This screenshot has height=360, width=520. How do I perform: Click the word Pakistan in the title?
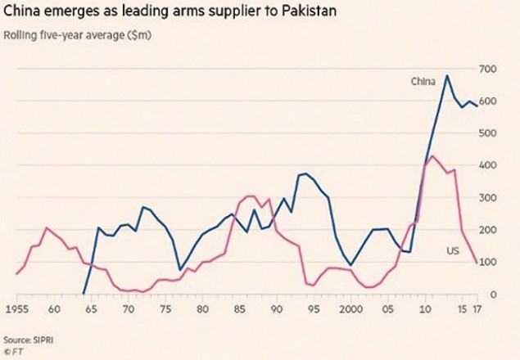[x=310, y=11]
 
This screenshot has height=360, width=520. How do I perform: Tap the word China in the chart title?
[x=21, y=11]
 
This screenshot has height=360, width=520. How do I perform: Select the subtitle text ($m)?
[x=139, y=35]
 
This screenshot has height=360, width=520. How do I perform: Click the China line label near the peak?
[x=423, y=82]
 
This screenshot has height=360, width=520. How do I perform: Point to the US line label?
[x=453, y=250]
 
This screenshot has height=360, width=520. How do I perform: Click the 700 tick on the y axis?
[x=487, y=70]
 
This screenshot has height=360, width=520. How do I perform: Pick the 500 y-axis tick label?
[x=487, y=133]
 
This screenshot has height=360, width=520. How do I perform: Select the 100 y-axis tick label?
[x=487, y=262]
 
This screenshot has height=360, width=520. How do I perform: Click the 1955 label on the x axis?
[x=17, y=309]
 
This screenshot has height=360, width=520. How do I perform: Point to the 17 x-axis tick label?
[x=477, y=309]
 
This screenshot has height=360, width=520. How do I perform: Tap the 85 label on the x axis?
[x=239, y=309]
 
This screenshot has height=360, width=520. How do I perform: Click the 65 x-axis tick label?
[x=91, y=309]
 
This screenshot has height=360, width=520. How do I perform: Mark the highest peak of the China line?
[x=447, y=75]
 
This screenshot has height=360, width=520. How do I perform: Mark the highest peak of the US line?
[x=432, y=155]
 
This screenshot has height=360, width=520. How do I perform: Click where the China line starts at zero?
[x=84, y=294]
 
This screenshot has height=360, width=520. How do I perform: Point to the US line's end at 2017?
[x=477, y=263]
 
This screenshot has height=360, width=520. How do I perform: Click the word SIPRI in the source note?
[x=43, y=340]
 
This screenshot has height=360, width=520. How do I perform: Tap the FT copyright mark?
[x=14, y=351]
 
